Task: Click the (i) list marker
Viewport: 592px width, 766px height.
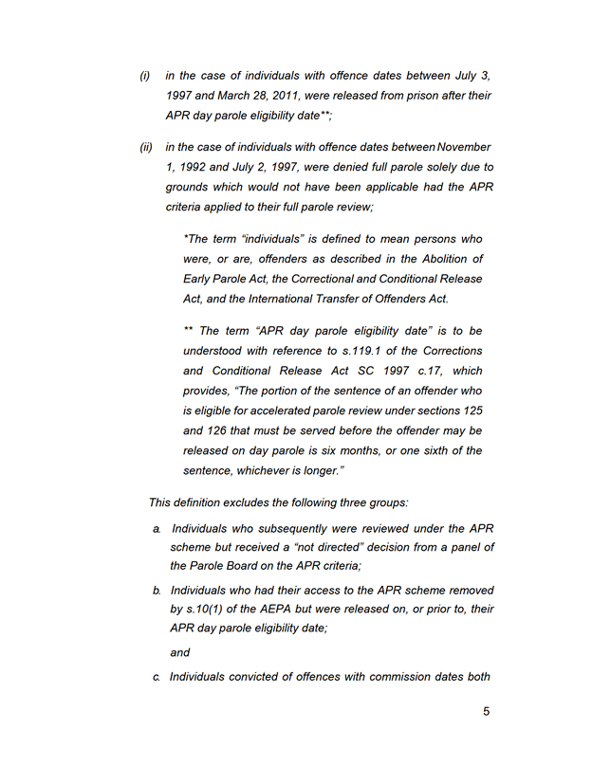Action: (145, 75)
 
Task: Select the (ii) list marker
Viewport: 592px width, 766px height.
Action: (146, 147)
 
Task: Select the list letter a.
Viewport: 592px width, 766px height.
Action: (157, 528)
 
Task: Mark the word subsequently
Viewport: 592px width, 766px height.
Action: (286, 528)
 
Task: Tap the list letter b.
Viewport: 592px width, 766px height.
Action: (157, 590)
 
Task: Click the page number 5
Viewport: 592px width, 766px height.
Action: (486, 712)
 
